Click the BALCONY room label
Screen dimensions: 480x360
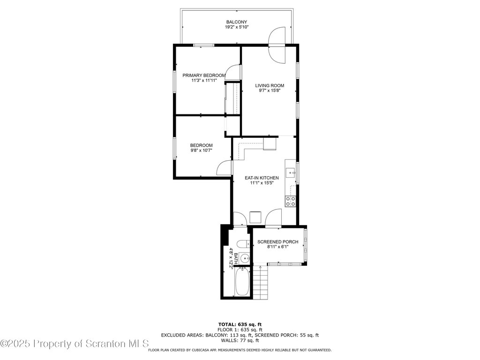237,22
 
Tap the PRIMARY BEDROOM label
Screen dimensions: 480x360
204,75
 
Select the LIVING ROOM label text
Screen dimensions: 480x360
270,86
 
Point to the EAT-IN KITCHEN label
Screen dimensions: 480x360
262,178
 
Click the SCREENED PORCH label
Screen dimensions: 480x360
277,242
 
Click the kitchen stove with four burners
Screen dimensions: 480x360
291,202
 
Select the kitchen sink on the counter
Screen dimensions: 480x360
290,173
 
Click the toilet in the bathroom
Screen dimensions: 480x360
244,244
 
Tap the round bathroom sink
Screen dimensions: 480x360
245,259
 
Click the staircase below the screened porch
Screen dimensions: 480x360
261,283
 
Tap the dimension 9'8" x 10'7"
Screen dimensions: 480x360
202,150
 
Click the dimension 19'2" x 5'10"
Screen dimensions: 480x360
237,27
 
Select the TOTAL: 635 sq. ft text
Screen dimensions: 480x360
240,324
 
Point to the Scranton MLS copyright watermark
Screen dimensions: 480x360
75,344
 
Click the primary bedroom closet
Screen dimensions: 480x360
232,98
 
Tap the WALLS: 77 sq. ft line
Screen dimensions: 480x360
240,340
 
